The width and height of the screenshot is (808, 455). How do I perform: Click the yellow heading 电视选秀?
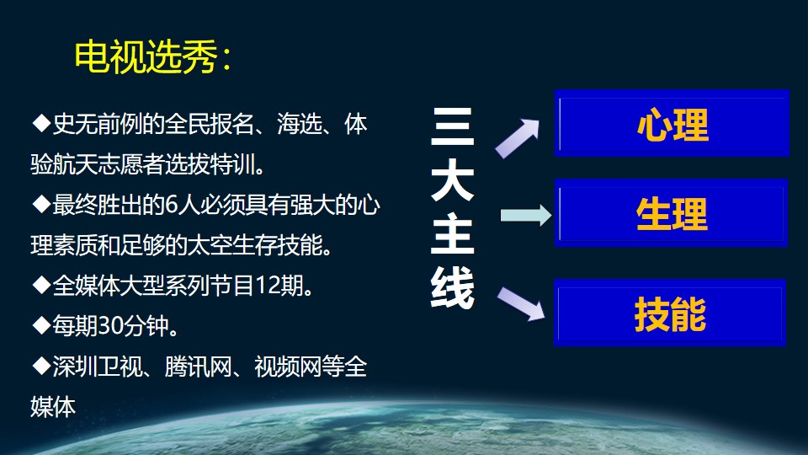[x=146, y=56]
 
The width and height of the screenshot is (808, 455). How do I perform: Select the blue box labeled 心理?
[x=672, y=123]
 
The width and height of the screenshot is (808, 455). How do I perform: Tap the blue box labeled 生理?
[x=671, y=213]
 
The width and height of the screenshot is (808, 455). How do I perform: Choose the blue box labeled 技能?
[x=670, y=313]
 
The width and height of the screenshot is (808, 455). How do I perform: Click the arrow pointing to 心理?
[x=517, y=137]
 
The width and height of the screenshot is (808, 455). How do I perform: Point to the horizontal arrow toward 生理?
[x=526, y=215]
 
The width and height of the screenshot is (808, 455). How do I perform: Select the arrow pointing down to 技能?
[x=521, y=304]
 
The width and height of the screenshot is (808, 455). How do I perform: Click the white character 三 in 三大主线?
[x=452, y=126]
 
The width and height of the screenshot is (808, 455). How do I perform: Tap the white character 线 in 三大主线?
[x=452, y=288]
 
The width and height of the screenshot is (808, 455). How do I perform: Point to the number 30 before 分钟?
[x=109, y=326]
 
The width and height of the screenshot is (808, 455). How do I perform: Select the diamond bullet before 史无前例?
[x=41, y=124]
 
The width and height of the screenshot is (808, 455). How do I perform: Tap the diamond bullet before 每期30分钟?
[x=41, y=326]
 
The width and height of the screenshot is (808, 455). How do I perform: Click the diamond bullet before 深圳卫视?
[x=41, y=367]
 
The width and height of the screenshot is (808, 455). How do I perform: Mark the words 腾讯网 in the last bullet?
[x=198, y=367]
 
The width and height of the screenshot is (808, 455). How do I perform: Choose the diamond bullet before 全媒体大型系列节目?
[x=41, y=286]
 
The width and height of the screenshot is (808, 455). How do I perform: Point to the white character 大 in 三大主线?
[x=452, y=180]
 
